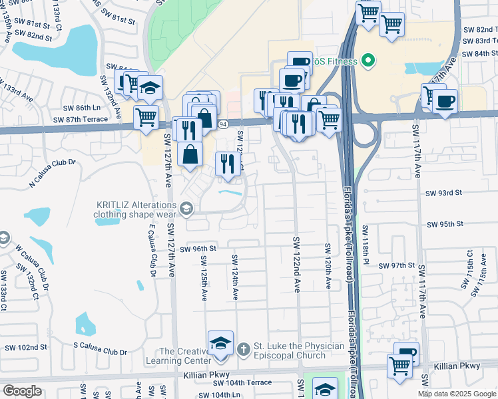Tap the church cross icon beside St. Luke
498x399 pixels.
point(243,348)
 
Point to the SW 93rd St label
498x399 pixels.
point(443,193)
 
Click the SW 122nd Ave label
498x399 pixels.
point(296,264)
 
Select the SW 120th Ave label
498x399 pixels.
point(328,265)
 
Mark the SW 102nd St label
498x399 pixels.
point(26,347)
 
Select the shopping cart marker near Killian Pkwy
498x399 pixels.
point(399,366)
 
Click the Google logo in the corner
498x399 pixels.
point(22,391)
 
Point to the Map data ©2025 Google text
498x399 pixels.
point(456,394)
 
